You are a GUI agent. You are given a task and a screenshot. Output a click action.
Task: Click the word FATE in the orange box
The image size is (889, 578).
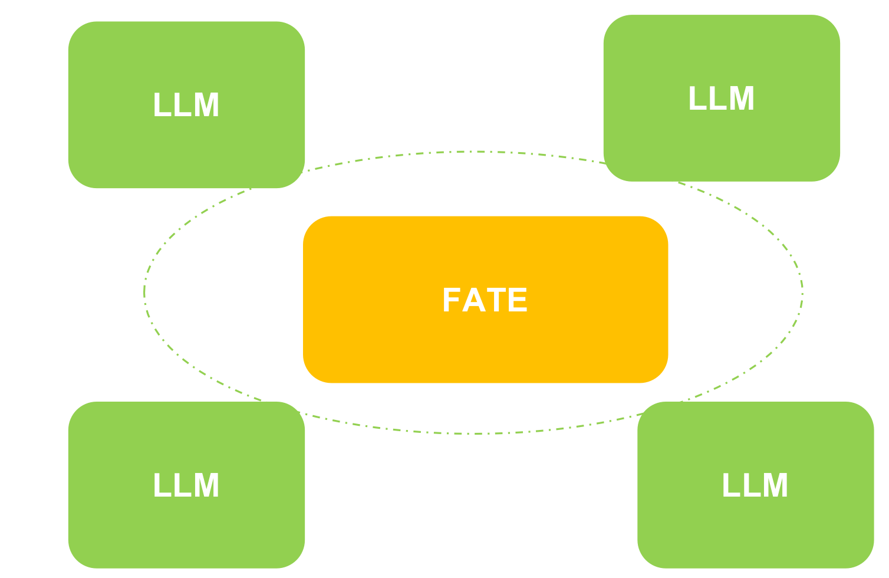point(485,300)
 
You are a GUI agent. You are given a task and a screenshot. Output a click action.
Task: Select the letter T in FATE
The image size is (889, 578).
point(496,300)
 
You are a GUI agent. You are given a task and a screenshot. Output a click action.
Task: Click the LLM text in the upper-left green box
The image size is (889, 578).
point(186,106)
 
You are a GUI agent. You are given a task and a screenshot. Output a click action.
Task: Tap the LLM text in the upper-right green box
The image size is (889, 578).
point(722,98)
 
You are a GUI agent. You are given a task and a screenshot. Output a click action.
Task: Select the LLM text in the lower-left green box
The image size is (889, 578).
point(186,486)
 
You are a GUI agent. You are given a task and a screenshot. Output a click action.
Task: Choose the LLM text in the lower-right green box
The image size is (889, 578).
point(755,486)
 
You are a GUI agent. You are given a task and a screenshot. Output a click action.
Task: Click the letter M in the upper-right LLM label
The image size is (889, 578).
point(740,98)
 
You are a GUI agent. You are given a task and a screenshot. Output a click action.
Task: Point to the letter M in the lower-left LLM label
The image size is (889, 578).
point(205,486)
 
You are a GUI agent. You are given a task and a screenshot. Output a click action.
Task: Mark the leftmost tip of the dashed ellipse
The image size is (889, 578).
point(144,293)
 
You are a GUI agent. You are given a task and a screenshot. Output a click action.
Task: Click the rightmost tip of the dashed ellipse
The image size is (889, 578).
point(802,293)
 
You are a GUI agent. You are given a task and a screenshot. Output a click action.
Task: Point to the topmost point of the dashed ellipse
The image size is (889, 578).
point(473,152)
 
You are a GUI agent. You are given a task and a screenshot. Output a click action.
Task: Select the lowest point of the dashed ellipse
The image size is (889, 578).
point(473,434)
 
